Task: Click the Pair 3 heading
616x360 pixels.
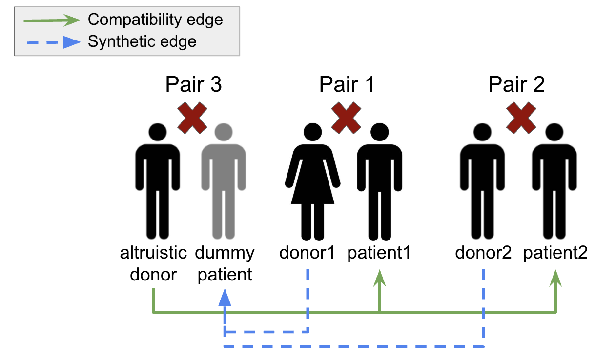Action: coord(194,84)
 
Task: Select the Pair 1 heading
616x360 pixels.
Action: coord(347,84)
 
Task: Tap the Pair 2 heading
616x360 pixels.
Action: coord(516,84)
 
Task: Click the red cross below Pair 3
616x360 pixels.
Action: coord(192,118)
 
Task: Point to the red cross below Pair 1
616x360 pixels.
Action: coord(346,118)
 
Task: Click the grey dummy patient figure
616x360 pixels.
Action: coord(224,180)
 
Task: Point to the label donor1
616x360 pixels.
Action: coord(307,253)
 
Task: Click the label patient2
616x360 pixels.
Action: coord(555,253)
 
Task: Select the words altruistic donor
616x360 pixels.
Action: coord(154,263)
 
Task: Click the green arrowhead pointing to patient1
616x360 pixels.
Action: coord(380,280)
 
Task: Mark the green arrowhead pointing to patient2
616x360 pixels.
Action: coord(555,280)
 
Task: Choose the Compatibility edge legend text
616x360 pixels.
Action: coord(155,20)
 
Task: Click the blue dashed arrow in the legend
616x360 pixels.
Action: coord(51,42)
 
